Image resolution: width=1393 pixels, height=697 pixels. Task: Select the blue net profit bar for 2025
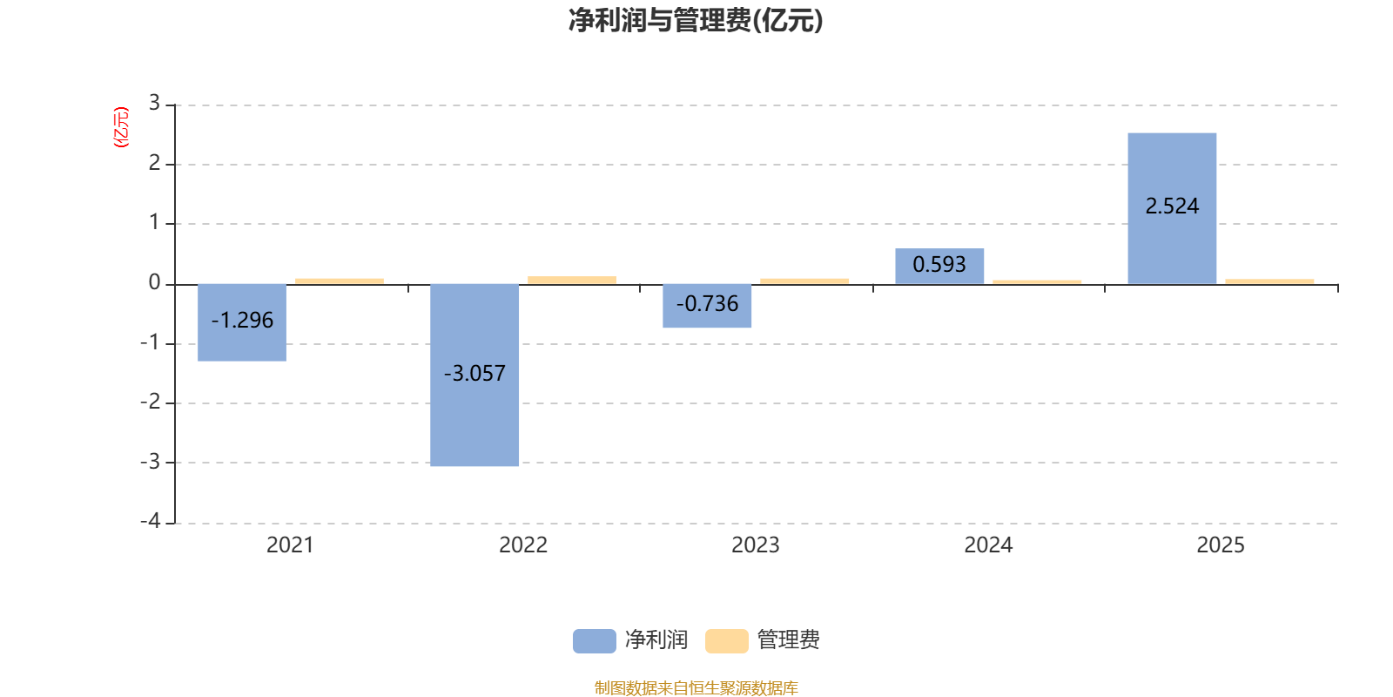pyautogui.click(x=1172, y=166)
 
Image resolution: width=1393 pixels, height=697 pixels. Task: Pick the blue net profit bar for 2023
pyautogui.click(x=707, y=319)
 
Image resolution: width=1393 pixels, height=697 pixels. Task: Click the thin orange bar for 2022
pyautogui.click(x=572, y=280)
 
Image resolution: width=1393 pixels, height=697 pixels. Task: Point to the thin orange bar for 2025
pyautogui.click(x=1269, y=281)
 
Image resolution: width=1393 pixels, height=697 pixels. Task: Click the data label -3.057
pyautogui.click(x=474, y=374)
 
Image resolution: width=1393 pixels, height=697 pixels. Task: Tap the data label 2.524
pyautogui.click(x=1172, y=206)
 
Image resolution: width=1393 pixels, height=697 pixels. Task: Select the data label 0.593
pyautogui.click(x=939, y=264)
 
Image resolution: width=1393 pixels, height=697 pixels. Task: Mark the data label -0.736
pyautogui.click(x=707, y=304)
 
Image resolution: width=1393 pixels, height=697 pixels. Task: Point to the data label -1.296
pyautogui.click(x=242, y=321)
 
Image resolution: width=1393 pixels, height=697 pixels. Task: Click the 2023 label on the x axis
pyautogui.click(x=755, y=545)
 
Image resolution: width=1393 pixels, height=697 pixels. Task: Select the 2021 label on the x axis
pyautogui.click(x=290, y=545)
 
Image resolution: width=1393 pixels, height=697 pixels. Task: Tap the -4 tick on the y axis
pyautogui.click(x=151, y=521)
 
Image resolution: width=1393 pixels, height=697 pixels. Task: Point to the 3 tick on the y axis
pyautogui.click(x=154, y=104)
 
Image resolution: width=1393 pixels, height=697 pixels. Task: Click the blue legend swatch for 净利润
pyautogui.click(x=594, y=641)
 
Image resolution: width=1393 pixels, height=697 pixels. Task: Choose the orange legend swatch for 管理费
pyautogui.click(x=726, y=641)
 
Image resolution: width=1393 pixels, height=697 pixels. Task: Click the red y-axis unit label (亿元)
pyautogui.click(x=121, y=127)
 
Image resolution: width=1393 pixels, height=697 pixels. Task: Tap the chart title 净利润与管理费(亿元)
pyautogui.click(x=696, y=20)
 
